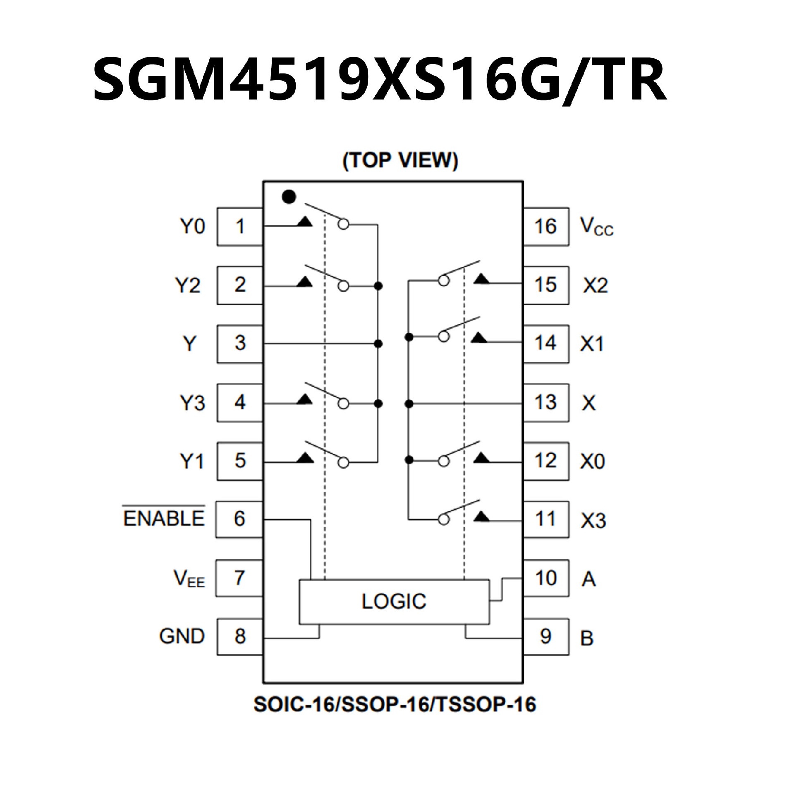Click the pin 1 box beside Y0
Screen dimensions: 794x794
(240, 226)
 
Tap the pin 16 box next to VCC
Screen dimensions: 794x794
(545, 226)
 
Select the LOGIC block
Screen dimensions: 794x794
(394, 602)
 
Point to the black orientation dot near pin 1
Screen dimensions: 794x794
(289, 197)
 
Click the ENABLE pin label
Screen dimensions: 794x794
(164, 519)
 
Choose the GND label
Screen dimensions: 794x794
(182, 636)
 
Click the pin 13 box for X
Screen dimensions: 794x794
(545, 402)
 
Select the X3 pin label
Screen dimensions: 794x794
(593, 520)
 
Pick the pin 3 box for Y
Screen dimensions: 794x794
(240, 343)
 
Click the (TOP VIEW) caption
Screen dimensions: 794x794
(400, 160)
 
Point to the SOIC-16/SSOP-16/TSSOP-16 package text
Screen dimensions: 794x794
(395, 704)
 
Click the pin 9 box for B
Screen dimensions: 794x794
(545, 636)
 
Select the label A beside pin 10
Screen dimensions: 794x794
(589, 579)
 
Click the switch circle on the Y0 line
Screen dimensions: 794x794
(343, 225)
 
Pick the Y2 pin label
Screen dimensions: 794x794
(188, 285)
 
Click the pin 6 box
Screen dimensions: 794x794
(239, 519)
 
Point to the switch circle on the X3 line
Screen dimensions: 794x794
(443, 520)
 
